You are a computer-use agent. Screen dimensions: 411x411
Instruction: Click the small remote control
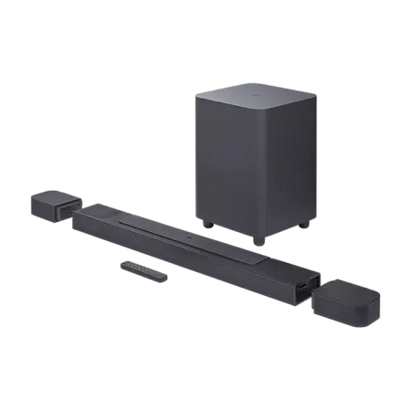click(x=142, y=269)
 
